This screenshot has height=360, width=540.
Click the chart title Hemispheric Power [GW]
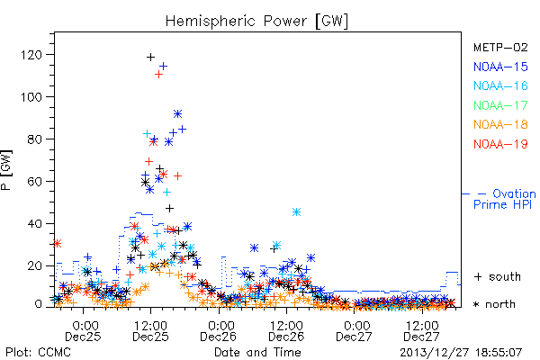click(x=256, y=22)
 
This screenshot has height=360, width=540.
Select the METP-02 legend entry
click(x=500, y=47)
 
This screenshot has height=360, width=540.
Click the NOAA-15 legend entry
click(x=500, y=67)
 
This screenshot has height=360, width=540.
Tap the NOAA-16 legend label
click(x=500, y=85)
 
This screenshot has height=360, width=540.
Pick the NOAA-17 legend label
click(x=500, y=105)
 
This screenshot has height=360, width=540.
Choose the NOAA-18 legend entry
click(x=500, y=124)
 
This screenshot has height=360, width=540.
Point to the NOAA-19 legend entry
click(x=500, y=144)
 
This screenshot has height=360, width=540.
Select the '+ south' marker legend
click(x=498, y=276)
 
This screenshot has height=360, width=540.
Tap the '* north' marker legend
click(x=494, y=304)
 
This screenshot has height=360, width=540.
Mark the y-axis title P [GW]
click(x=6, y=170)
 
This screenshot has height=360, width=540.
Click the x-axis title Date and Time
click(x=257, y=353)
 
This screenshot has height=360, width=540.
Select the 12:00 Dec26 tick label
click(x=286, y=331)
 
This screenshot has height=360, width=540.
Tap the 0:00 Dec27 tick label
click(x=354, y=331)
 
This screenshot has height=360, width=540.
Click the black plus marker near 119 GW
click(x=150, y=58)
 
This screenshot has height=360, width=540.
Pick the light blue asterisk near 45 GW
click(x=296, y=211)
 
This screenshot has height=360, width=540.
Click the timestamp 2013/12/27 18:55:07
click(x=461, y=353)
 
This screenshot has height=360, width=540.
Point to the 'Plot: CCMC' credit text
click(x=38, y=353)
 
